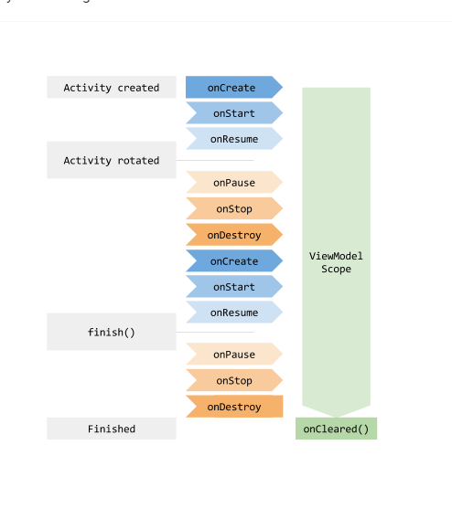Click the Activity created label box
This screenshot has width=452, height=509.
[111, 88]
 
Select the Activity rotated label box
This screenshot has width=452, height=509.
[111, 161]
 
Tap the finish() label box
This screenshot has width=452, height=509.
[111, 332]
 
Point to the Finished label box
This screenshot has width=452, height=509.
[111, 429]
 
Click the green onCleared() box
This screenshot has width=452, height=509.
[336, 429]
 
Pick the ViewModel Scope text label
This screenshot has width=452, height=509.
[336, 262]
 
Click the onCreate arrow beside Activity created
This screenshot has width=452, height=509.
[232, 88]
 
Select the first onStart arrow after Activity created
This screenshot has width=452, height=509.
[232, 113]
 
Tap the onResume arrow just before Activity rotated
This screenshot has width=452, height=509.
[232, 139]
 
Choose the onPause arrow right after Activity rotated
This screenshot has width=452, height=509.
[232, 183]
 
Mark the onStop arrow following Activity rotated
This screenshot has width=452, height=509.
[232, 208]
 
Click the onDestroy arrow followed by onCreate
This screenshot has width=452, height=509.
[232, 235]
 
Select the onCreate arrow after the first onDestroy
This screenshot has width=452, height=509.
[232, 261]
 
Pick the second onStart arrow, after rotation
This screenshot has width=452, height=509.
[232, 287]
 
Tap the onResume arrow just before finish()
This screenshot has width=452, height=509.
[232, 313]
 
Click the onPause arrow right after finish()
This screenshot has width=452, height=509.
[232, 355]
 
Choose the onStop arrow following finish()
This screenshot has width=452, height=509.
[232, 380]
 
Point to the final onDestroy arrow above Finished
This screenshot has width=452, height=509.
[232, 407]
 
